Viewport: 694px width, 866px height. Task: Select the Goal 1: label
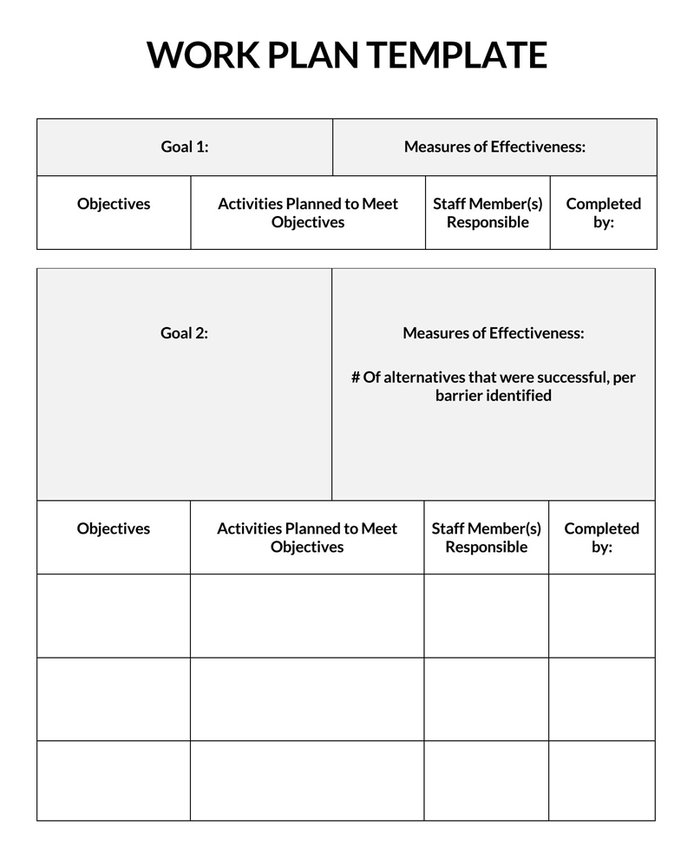pos(185,147)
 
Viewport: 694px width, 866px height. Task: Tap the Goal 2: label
pos(184,333)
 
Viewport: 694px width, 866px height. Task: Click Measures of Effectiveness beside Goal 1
pos(494,147)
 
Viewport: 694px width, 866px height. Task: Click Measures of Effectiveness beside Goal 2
pos(493,333)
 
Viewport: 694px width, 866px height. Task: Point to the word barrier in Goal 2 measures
pos(461,396)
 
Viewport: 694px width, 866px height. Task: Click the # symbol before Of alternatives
pos(356,377)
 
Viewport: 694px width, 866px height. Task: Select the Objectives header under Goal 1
pos(114,204)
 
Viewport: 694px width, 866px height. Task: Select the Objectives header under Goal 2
pos(114,528)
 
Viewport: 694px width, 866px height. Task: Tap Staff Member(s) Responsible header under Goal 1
pos(488,213)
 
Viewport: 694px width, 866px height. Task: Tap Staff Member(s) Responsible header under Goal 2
pos(486,537)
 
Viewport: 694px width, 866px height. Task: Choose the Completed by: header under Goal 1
pos(603,213)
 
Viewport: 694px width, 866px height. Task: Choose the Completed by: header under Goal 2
pos(601,537)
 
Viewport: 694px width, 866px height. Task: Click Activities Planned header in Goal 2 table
pos(307,537)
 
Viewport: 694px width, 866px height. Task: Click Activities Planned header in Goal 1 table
pos(308,213)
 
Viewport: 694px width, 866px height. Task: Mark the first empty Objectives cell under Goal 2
pos(114,615)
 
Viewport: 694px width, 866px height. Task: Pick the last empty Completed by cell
pos(601,780)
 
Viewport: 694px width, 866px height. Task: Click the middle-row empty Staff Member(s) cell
pos(486,699)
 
